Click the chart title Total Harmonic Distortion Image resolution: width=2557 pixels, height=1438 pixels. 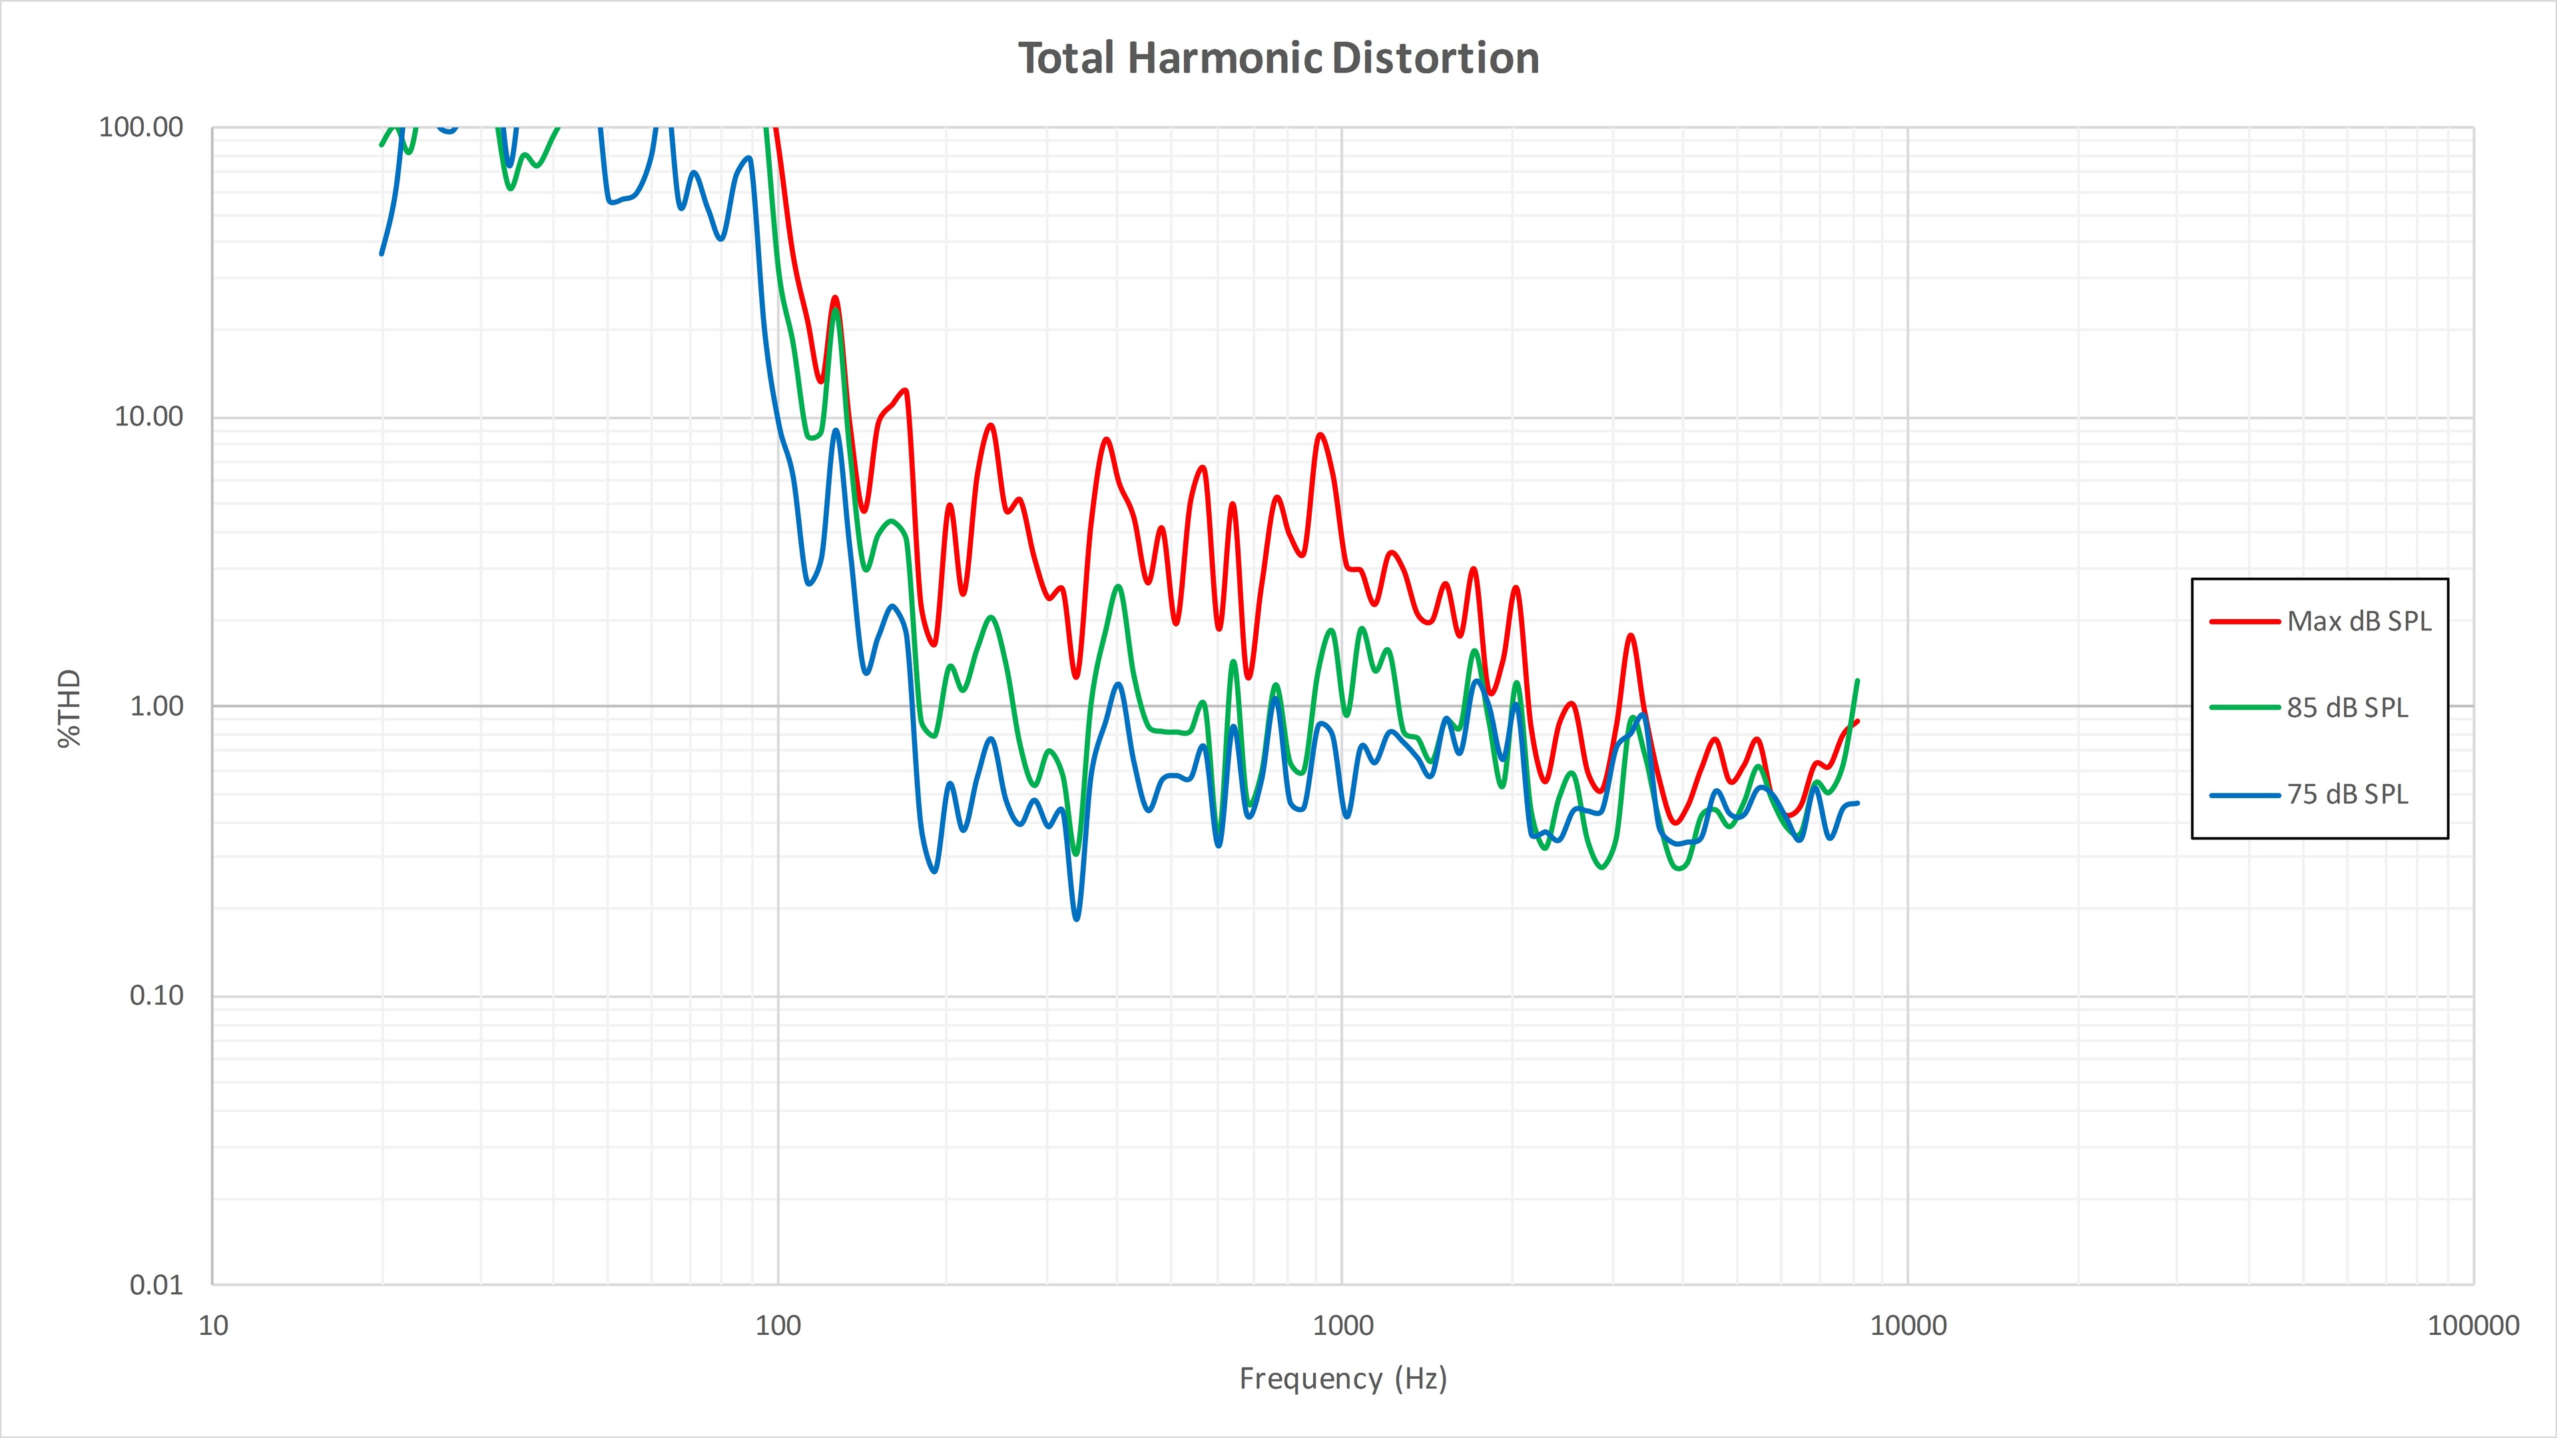(1278, 59)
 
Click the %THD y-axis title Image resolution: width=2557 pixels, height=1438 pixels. (69, 708)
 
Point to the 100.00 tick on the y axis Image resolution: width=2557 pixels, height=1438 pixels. (141, 127)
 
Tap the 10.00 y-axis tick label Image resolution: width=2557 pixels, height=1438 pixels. (149, 417)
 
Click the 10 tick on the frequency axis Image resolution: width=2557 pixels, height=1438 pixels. (213, 1326)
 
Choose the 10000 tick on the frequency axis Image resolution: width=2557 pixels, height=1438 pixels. (1908, 1326)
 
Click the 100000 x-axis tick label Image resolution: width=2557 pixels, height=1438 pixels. (2472, 1326)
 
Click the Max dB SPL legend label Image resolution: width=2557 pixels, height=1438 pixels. (2359, 622)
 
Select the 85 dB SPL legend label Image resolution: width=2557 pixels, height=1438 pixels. (2347, 708)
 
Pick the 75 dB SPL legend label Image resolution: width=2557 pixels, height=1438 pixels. (2347, 795)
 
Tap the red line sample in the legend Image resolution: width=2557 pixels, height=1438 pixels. (2244, 622)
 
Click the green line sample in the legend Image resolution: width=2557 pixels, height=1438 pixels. (2244, 708)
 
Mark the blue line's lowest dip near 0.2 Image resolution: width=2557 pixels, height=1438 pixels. (1077, 919)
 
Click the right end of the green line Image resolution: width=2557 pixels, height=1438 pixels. (1857, 681)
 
